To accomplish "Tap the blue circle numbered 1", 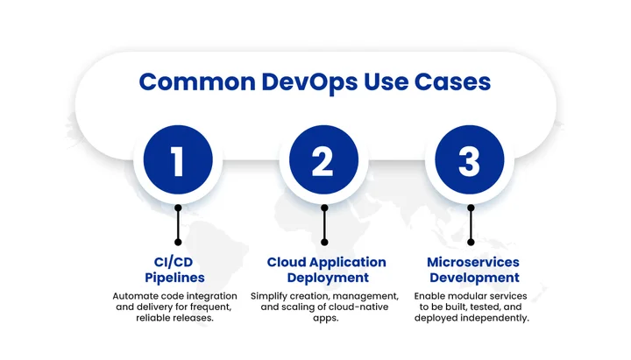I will (178, 161).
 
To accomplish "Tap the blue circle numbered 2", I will (323, 161).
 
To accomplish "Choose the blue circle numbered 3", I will (470, 161).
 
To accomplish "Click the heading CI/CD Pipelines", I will (178, 269).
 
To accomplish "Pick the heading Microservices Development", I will (473, 269).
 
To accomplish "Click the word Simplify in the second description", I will (274, 296).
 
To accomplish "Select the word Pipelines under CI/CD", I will (178, 278).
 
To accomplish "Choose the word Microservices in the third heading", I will (473, 262).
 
